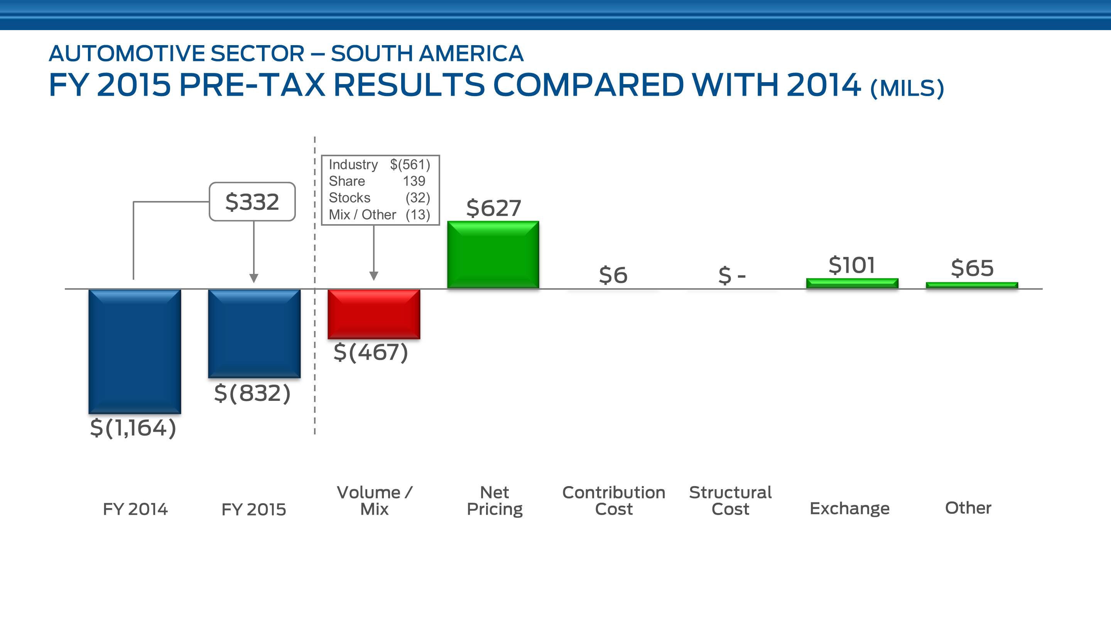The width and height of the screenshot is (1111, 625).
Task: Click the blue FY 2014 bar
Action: (x=135, y=351)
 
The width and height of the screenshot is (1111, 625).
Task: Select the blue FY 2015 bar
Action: (x=254, y=333)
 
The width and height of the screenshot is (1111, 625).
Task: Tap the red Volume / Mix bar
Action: (x=373, y=314)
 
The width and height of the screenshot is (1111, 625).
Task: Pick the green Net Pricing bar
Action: (x=493, y=255)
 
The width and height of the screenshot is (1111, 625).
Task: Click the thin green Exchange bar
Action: (x=852, y=283)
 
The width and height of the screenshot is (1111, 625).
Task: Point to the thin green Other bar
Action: (x=972, y=285)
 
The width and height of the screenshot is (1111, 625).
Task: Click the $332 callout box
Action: (x=252, y=202)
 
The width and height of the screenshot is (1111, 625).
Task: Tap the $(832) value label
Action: (x=252, y=394)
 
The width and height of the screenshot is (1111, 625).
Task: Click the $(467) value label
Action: (x=370, y=352)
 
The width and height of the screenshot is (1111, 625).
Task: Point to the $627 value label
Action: (x=493, y=208)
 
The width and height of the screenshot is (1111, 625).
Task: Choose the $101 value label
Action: (x=852, y=265)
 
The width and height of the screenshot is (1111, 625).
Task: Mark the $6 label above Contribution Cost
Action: (x=613, y=275)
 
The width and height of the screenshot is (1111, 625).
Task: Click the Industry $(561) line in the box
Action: (x=380, y=165)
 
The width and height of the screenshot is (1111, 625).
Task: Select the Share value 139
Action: (x=414, y=181)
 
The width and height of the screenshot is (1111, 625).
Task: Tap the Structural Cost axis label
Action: (x=730, y=500)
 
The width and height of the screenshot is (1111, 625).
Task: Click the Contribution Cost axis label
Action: (x=613, y=500)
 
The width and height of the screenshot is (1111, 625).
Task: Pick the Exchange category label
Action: (x=849, y=508)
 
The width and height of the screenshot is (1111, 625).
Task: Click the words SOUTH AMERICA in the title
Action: (x=427, y=54)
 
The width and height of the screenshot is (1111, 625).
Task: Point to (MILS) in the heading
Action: (x=907, y=88)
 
